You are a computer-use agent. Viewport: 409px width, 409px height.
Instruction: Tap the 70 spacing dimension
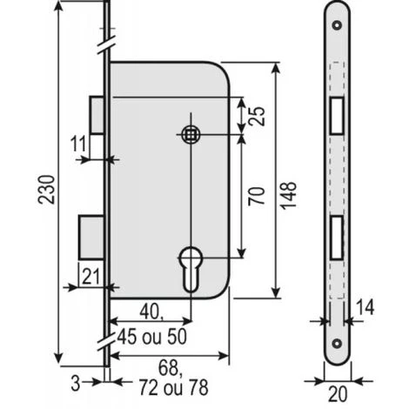point(256,194)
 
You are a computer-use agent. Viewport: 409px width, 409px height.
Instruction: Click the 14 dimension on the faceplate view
point(367,305)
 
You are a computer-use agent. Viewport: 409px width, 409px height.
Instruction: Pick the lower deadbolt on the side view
point(91,235)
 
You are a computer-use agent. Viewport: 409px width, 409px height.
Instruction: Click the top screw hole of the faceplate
point(336,23)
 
